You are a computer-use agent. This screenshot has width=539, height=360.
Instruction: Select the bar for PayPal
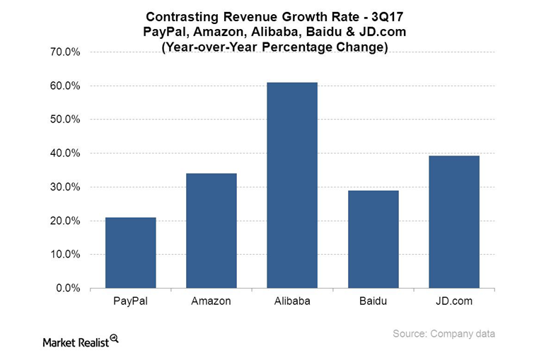(130, 252)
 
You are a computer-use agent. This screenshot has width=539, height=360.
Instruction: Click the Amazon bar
(211, 231)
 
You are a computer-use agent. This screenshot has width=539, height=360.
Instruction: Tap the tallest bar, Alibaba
(292, 185)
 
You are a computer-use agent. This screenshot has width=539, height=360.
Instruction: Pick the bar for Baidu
(373, 239)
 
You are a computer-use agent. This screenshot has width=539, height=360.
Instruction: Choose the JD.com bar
(454, 221)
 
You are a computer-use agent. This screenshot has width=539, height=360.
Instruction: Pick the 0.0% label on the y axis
(69, 289)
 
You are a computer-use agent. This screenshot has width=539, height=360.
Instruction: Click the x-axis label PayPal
(130, 301)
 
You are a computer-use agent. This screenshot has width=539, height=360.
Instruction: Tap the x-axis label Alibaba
(292, 301)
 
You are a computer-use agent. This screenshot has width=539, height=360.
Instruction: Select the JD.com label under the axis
(454, 301)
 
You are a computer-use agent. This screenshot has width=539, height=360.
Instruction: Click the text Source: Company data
(444, 334)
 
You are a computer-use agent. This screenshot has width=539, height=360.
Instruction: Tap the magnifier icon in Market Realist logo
(114, 339)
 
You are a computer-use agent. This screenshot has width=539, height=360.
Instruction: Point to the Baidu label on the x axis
(373, 301)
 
